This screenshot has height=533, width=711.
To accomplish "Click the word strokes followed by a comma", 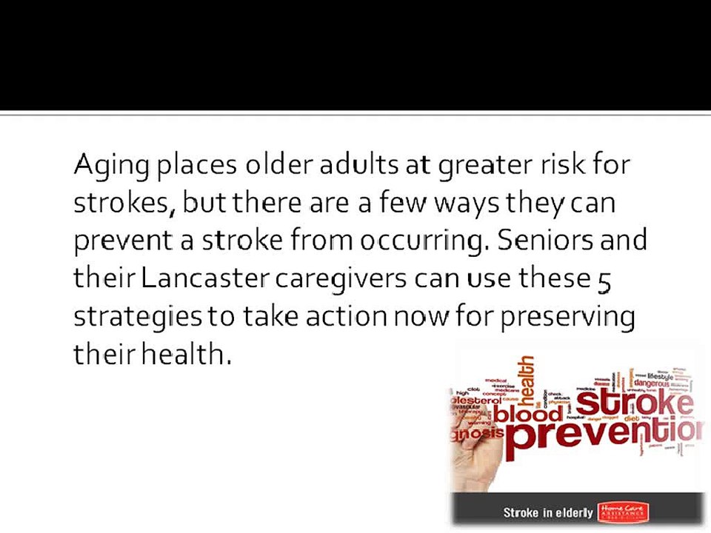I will pos(124,202).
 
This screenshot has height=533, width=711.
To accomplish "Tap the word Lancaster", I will pos(204,278).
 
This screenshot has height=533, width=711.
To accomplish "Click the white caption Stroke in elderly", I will pos(548,512).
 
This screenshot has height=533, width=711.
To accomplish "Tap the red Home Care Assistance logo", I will pos(624,512).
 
